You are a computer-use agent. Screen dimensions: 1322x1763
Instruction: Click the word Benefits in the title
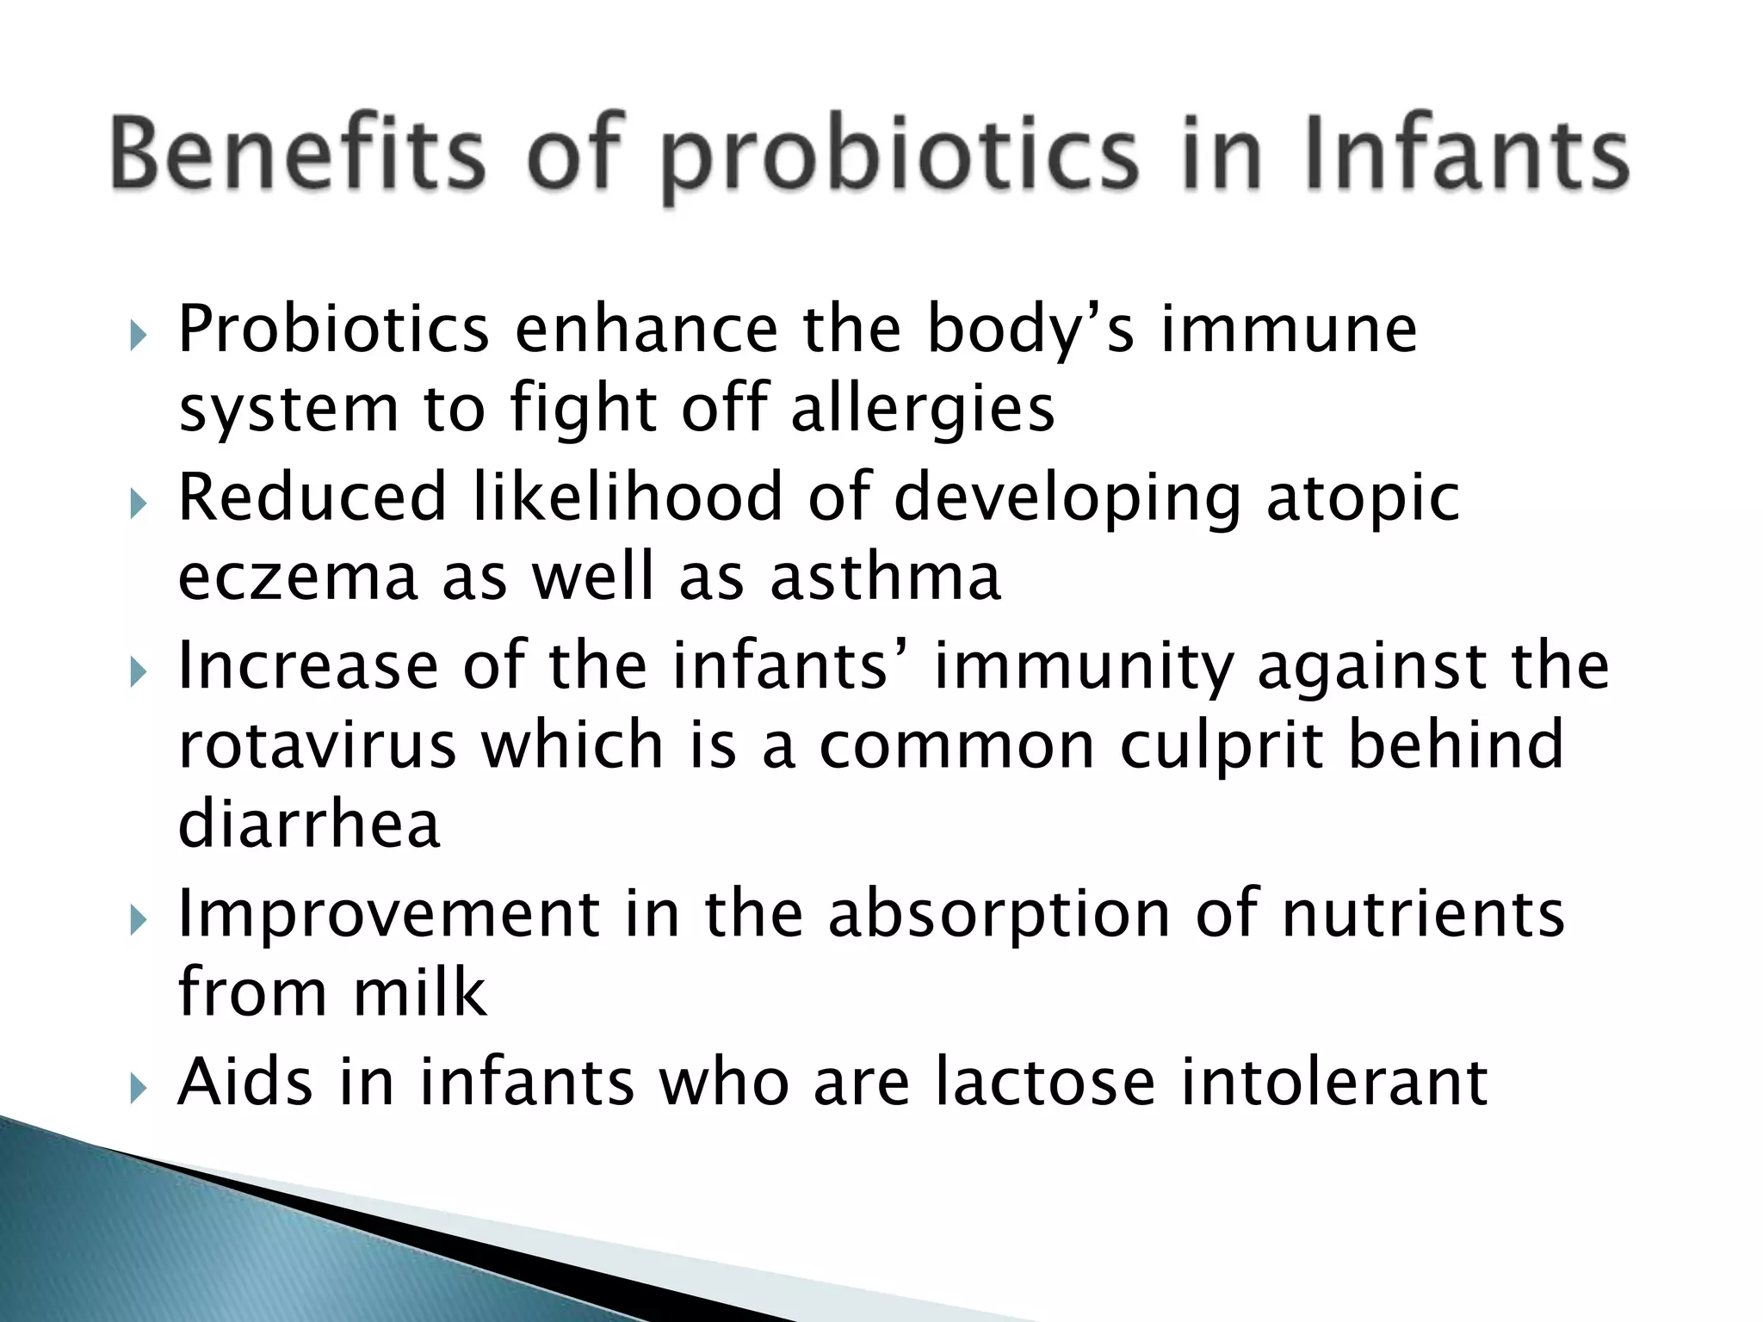point(297,155)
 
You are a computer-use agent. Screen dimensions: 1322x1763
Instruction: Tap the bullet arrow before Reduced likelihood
point(138,503)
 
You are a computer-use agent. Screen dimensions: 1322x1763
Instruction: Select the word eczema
point(298,578)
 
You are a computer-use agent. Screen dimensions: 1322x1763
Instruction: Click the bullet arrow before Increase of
point(138,670)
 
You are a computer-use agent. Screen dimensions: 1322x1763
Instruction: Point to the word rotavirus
point(317,745)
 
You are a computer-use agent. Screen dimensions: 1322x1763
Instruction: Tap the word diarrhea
point(309,824)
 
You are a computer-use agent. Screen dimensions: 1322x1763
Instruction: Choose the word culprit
point(1220,747)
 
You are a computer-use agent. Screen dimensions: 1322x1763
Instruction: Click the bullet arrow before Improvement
point(138,920)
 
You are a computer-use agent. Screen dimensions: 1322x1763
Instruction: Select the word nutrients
point(1423,914)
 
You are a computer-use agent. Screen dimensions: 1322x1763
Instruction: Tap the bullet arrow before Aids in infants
point(138,1088)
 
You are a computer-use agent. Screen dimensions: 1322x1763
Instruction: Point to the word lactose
point(1044,1082)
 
